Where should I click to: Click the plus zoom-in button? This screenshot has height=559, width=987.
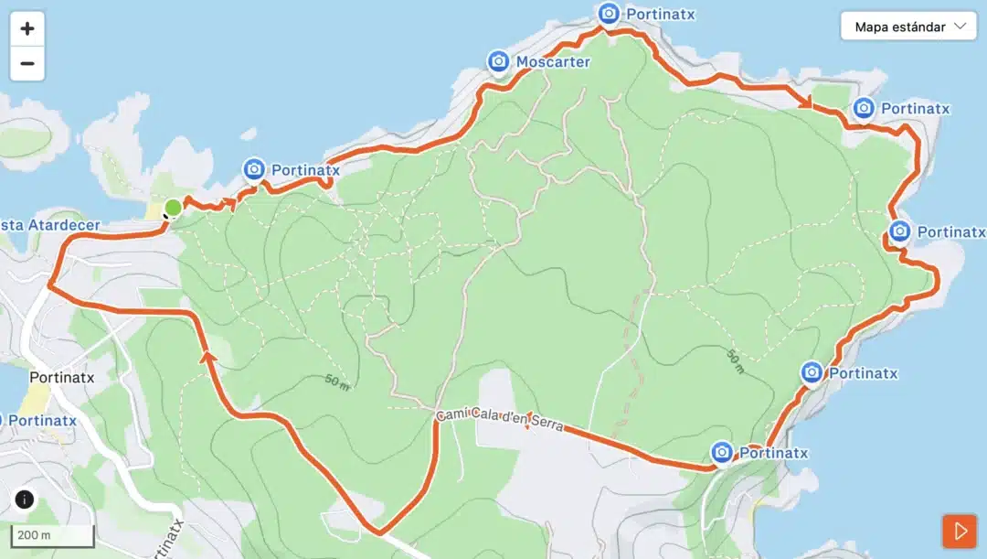(x=27, y=28)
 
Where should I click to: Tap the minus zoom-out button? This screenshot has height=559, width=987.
(x=27, y=64)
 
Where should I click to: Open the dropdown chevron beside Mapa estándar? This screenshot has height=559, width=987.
(x=960, y=27)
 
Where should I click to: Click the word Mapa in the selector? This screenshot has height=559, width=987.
(x=874, y=27)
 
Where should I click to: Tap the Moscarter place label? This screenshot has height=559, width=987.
(x=553, y=62)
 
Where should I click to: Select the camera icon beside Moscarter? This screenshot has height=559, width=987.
(x=498, y=61)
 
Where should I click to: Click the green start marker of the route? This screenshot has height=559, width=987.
(x=173, y=208)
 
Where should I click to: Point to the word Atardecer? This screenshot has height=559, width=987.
(x=64, y=225)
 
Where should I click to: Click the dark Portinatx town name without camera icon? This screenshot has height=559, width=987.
(x=62, y=376)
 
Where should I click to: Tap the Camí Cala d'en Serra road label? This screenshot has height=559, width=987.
(x=499, y=420)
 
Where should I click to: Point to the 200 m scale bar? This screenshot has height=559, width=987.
(x=53, y=535)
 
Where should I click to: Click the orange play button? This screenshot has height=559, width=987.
(x=960, y=531)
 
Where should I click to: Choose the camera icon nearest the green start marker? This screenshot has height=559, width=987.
(x=254, y=169)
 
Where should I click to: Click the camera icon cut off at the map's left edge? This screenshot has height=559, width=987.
(x=2, y=421)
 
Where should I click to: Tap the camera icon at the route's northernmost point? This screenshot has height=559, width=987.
(x=609, y=14)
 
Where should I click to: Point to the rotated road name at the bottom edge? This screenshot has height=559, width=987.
(x=165, y=540)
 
